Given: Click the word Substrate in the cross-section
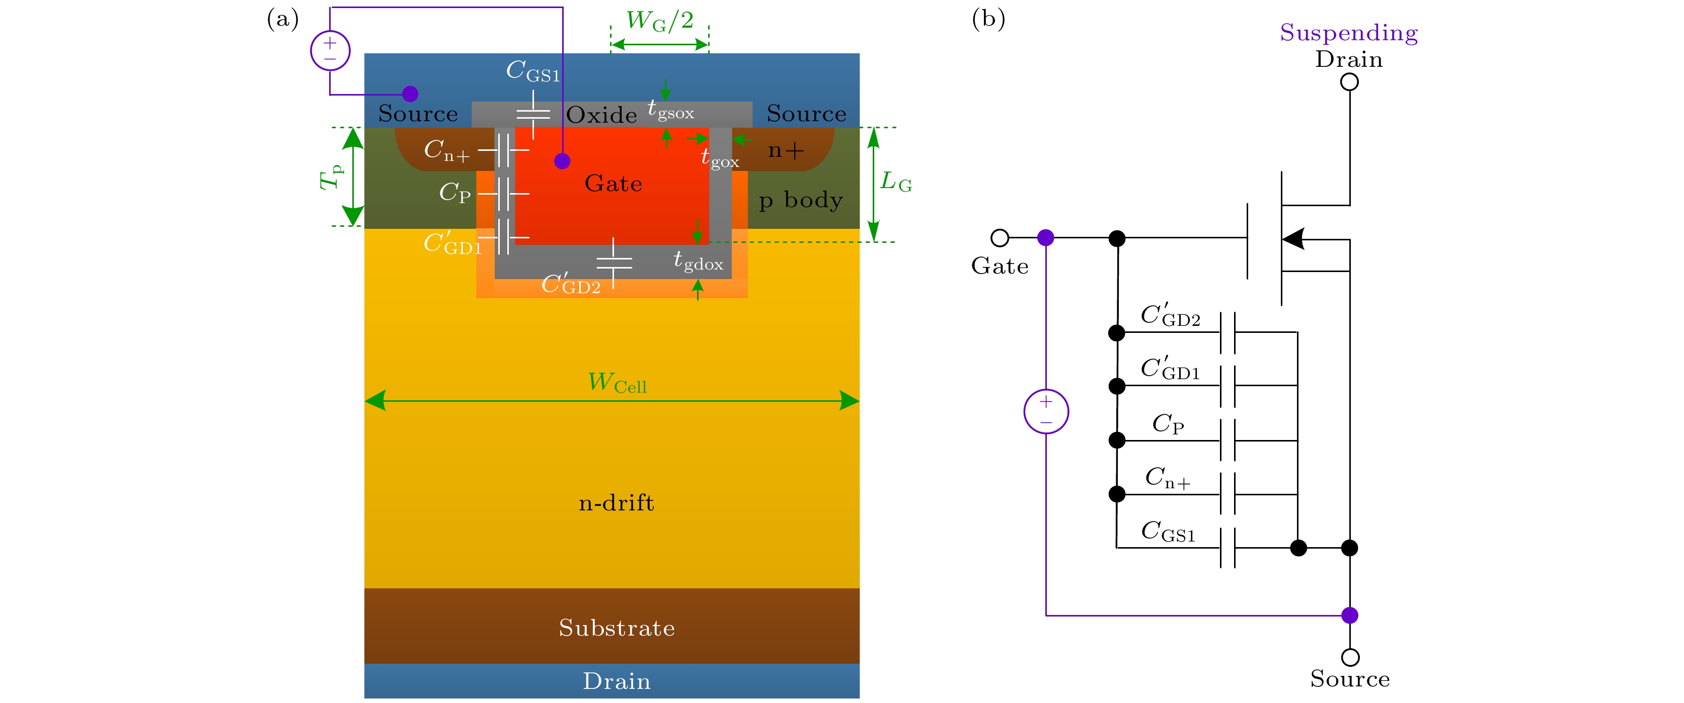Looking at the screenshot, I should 617,628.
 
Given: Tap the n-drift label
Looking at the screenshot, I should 616,502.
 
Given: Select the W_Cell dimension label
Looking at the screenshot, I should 617,382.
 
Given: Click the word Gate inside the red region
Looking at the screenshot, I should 613,184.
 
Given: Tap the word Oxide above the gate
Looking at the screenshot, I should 601,115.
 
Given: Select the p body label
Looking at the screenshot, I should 800,200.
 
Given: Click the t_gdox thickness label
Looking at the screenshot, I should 698,260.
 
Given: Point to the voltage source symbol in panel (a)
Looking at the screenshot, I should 330,50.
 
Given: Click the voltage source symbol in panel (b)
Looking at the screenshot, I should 1046,412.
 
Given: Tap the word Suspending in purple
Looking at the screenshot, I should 1349,33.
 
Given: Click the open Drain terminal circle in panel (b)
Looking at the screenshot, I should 1349,82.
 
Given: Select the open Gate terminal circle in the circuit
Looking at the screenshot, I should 1000,238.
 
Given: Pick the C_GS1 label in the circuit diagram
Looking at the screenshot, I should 1168,531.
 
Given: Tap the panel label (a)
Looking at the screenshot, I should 282,19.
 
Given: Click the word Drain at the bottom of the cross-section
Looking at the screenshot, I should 617,681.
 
